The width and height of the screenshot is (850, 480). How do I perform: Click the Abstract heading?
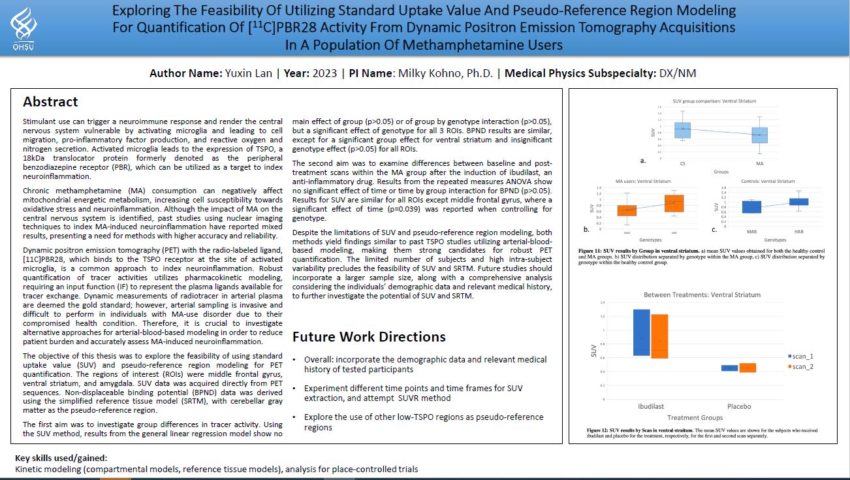point(50,102)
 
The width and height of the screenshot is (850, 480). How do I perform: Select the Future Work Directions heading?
point(369,337)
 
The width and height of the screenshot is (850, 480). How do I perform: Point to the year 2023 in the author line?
point(325,73)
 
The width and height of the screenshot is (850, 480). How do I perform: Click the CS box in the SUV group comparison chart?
point(682,129)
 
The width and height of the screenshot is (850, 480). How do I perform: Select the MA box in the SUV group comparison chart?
point(759,135)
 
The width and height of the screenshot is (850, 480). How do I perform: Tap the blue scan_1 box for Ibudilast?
point(641,332)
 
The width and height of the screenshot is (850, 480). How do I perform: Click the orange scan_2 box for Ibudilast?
point(659,336)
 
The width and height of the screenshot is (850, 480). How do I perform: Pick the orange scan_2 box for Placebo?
point(747,368)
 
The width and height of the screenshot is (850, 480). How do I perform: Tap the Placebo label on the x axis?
point(738,406)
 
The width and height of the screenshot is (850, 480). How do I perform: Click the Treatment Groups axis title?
point(694,418)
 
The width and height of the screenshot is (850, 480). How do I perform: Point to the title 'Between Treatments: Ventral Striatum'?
point(702,295)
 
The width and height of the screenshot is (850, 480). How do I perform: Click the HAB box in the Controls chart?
point(798,202)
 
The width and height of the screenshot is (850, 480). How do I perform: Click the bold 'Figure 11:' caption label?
point(591,251)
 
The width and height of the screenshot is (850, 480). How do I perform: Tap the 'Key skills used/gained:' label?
point(61,458)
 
